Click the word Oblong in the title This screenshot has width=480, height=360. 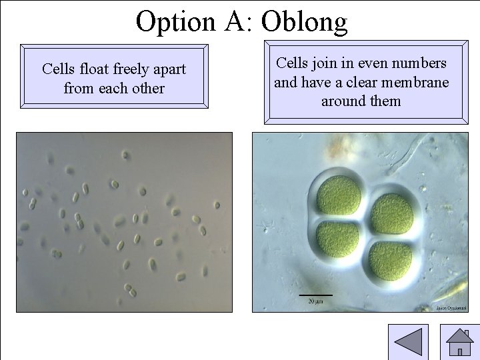[x=304, y=21]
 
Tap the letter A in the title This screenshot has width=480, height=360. [x=237, y=21]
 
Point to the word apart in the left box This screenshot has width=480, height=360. [x=168, y=69]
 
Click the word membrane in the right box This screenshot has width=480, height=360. [x=417, y=83]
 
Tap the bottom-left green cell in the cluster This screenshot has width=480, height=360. [x=337, y=241]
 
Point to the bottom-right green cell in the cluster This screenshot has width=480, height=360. [x=391, y=259]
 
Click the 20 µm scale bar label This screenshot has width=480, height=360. [x=315, y=301]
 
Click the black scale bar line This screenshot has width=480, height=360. [x=315, y=294]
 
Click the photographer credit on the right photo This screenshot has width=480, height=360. [x=451, y=308]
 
